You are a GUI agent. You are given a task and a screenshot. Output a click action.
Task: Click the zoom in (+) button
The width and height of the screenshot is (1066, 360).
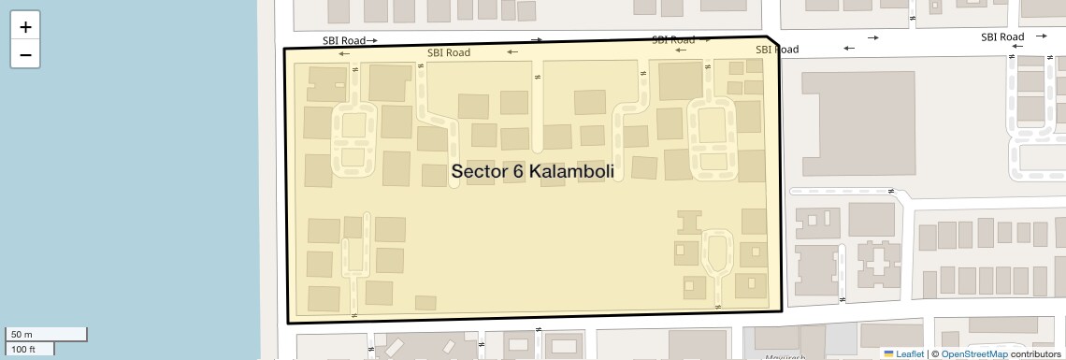(x=25, y=26)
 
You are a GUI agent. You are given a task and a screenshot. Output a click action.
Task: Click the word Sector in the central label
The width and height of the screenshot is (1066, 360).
(x=480, y=172)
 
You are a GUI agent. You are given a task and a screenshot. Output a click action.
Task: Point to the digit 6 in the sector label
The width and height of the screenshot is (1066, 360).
(x=519, y=172)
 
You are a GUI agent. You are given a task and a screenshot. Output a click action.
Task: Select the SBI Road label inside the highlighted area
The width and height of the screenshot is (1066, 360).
(x=449, y=52)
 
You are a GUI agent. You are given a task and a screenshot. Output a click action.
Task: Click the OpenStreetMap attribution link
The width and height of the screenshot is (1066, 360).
(x=973, y=353)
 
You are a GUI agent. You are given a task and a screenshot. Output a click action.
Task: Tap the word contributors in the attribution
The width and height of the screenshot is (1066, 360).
(x=1035, y=353)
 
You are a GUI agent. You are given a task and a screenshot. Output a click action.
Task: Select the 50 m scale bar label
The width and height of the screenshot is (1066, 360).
(x=22, y=335)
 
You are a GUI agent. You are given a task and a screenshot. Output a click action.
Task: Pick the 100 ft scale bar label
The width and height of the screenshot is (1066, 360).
(x=23, y=349)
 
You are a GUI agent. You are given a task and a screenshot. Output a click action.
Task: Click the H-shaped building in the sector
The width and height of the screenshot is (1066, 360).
(x=690, y=222)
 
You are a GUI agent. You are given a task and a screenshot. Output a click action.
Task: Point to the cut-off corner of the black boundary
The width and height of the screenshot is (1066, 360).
(x=772, y=45)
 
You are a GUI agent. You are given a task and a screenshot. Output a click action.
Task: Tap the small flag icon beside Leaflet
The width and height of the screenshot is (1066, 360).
(x=888, y=353)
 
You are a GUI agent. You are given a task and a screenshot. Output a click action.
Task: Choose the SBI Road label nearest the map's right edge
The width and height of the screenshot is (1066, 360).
(x=1002, y=37)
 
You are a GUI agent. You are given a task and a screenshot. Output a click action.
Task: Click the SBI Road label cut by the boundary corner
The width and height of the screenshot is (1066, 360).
(x=776, y=50)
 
